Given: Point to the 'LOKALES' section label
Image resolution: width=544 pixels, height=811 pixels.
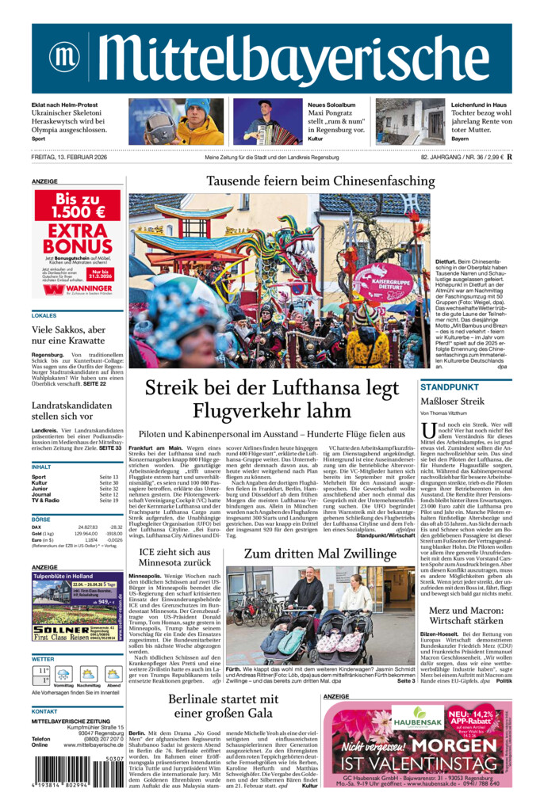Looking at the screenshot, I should point(44,315).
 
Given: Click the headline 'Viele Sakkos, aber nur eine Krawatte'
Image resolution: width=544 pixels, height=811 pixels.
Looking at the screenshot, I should point(68,336).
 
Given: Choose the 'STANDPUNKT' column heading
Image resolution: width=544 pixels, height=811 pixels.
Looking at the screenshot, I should point(450,387).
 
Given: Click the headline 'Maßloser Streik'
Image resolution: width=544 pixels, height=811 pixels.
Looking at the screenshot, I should point(452,402).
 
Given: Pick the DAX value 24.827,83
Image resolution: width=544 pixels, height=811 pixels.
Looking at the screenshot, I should point(87,527).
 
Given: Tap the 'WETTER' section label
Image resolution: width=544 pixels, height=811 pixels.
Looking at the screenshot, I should point(43,658).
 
